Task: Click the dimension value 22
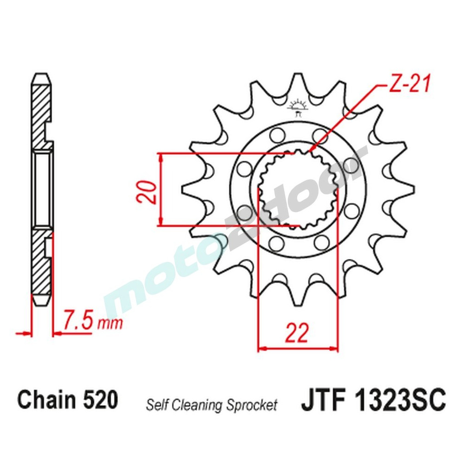297,333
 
